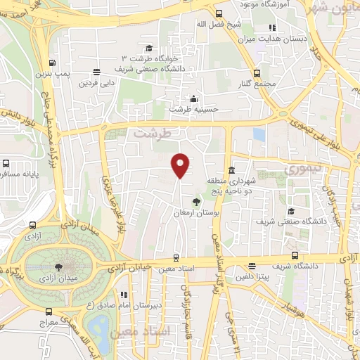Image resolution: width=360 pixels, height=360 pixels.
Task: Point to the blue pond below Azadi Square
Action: coord(100,330)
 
